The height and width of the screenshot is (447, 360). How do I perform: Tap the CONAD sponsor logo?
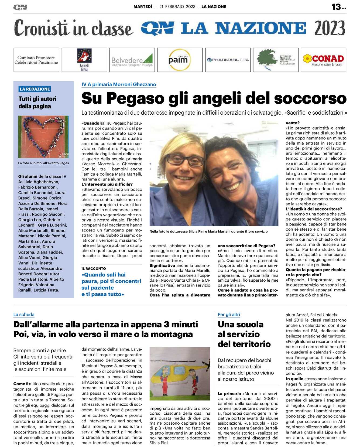click(323, 60)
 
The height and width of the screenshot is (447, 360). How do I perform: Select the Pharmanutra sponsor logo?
click(228, 60)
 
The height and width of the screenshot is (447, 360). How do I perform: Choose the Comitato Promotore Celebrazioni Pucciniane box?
click(36, 60)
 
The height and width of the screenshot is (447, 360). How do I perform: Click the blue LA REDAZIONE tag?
click(35, 89)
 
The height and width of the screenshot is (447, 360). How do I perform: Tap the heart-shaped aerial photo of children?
click(43, 137)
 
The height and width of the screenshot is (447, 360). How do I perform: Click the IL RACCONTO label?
click(94, 268)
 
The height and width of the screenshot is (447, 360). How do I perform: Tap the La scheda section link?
click(24, 315)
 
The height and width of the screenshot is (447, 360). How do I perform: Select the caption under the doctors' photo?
click(208, 231)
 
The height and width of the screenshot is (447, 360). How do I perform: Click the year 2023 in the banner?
click(330, 28)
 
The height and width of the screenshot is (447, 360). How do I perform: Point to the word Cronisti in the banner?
click(40, 28)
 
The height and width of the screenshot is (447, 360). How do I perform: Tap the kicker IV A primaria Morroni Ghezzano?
click(119, 84)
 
